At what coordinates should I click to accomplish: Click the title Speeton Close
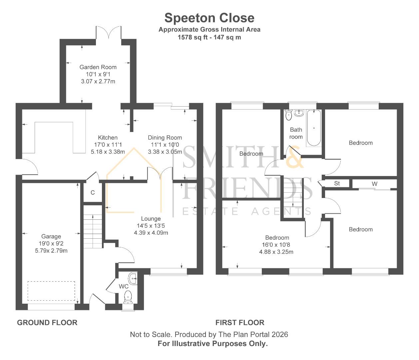(x=209, y=18)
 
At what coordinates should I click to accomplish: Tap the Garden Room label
(x=98, y=67)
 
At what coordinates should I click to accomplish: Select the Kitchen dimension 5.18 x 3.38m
(x=108, y=152)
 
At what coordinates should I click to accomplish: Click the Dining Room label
(x=165, y=137)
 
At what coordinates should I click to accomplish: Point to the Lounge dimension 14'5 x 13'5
(x=151, y=226)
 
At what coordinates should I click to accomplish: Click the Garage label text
(x=51, y=236)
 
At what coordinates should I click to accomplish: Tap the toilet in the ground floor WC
(x=128, y=296)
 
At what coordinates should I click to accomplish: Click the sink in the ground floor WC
(x=133, y=278)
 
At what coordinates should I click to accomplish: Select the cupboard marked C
(x=93, y=192)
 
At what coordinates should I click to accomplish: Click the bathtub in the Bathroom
(x=314, y=128)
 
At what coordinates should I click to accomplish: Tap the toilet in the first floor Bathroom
(x=288, y=115)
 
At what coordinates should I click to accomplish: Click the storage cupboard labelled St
(x=337, y=183)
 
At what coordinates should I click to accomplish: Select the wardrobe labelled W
(x=374, y=184)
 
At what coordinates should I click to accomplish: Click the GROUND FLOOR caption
(x=47, y=322)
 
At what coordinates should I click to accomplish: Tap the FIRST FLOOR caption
(x=240, y=322)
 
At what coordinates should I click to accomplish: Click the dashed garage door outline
(x=51, y=291)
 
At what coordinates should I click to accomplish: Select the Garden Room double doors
(x=109, y=33)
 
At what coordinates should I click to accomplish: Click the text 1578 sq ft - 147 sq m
(x=209, y=37)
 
